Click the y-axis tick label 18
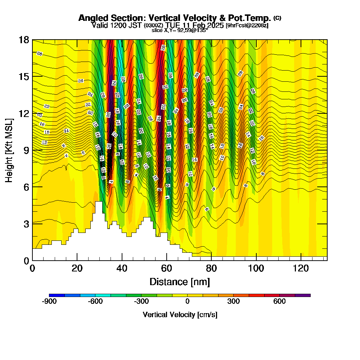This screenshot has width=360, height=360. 24,40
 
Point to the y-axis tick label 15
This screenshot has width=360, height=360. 24,77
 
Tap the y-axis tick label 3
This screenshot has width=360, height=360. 26,224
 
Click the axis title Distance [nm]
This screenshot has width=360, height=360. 180,282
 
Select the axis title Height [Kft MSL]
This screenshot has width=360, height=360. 9,149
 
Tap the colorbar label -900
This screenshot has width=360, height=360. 49,302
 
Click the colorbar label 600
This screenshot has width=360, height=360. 279,302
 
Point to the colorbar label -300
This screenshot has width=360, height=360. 141,302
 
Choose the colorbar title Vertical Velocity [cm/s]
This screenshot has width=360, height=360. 180,315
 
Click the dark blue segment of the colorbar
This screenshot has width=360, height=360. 57,295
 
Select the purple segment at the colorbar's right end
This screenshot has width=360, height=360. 303,295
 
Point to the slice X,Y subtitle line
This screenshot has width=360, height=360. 180,31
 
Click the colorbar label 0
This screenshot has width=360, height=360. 187,302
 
